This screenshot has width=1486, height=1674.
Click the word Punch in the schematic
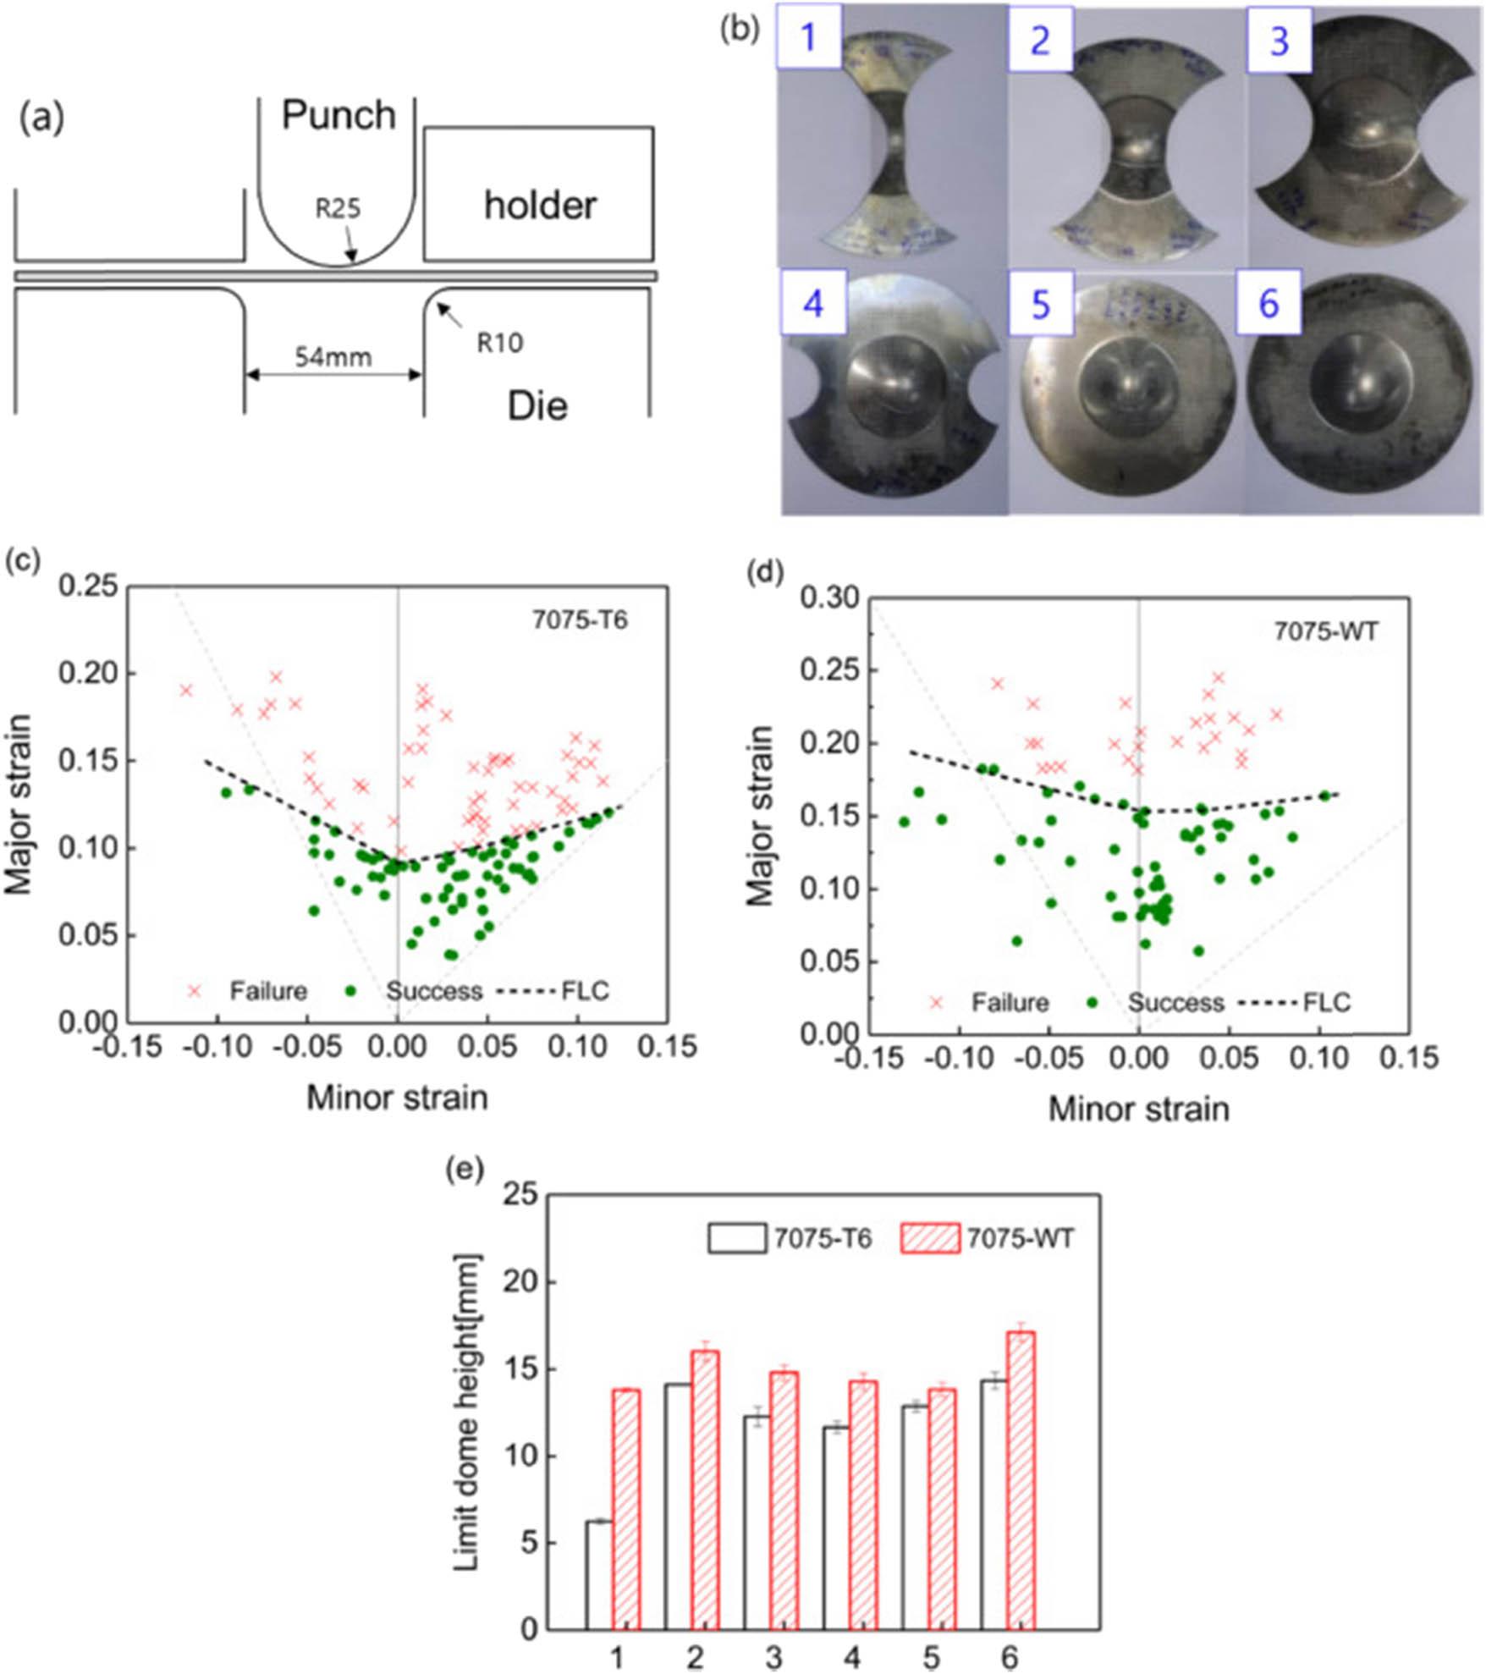tap(338, 115)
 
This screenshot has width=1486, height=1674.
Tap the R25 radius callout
tap(338, 207)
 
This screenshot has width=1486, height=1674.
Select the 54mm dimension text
tap(333, 357)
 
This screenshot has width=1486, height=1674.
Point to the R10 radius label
tap(499, 343)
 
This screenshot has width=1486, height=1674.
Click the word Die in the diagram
tap(537, 406)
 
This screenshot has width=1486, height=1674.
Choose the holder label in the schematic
tap(540, 206)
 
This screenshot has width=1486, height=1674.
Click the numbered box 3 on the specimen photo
tap(1279, 41)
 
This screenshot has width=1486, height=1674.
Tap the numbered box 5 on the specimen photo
tap(1040, 304)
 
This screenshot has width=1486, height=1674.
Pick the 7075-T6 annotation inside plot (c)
tap(580, 619)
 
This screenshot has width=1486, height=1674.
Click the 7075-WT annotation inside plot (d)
tap(1326, 631)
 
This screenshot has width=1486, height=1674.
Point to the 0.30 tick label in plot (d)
tap(828, 598)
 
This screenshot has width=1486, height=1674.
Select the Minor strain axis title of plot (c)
tap(397, 1097)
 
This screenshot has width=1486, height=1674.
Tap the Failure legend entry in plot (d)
tap(1010, 1003)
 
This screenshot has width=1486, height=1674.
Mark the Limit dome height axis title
tap(466, 1412)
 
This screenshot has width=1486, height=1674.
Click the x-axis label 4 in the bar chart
tap(851, 1657)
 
